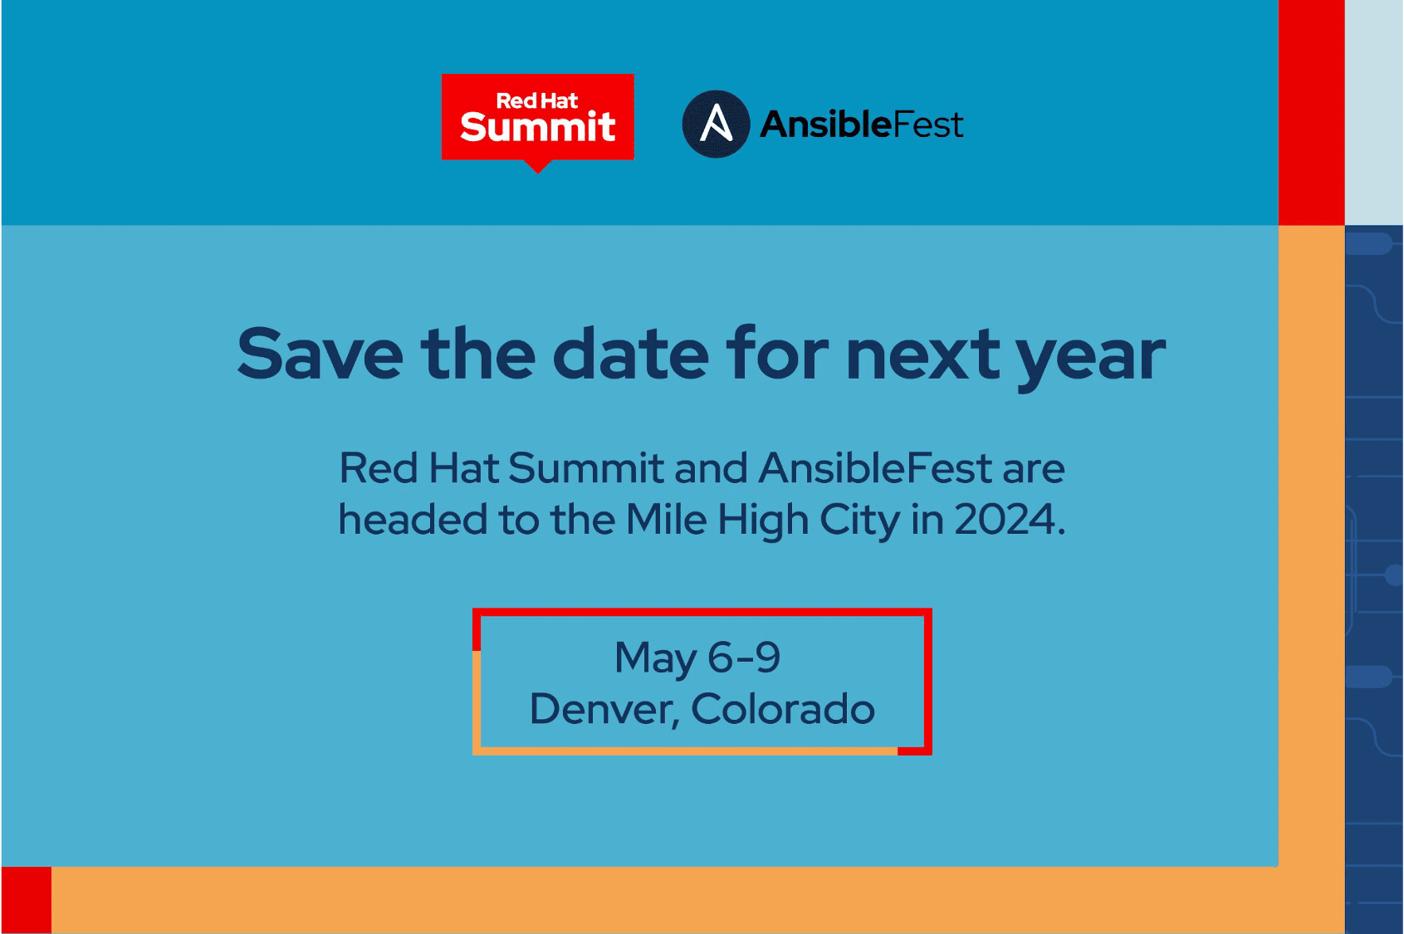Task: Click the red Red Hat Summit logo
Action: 538,118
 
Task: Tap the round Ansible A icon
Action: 716,124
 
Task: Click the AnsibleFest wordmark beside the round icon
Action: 861,124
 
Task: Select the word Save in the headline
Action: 320,355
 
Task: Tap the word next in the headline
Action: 923,357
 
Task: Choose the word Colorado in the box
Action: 783,709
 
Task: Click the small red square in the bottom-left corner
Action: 27,900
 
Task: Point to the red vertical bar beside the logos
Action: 1311,112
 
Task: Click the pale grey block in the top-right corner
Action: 1374,112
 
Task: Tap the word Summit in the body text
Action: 586,468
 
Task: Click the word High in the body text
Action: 763,521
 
